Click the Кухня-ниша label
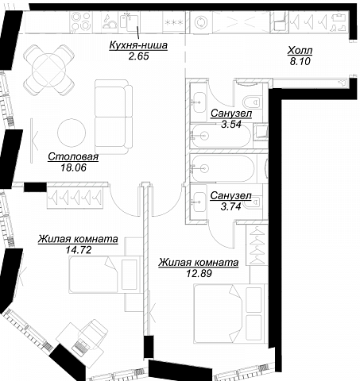click(x=138, y=45)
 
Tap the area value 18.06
click(x=74, y=167)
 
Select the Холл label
click(x=300, y=50)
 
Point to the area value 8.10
click(x=300, y=61)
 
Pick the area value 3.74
click(x=231, y=206)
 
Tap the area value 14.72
click(x=79, y=250)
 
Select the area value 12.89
click(x=199, y=273)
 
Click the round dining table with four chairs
click(x=49, y=70)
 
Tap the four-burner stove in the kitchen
click(x=81, y=21)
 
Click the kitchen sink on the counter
click(x=130, y=22)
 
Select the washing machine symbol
click(x=201, y=22)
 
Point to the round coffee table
click(x=72, y=133)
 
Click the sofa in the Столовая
click(x=114, y=117)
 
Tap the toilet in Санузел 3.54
click(x=252, y=102)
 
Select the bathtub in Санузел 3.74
click(x=222, y=168)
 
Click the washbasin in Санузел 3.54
click(x=199, y=102)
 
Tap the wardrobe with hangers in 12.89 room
click(x=257, y=244)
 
